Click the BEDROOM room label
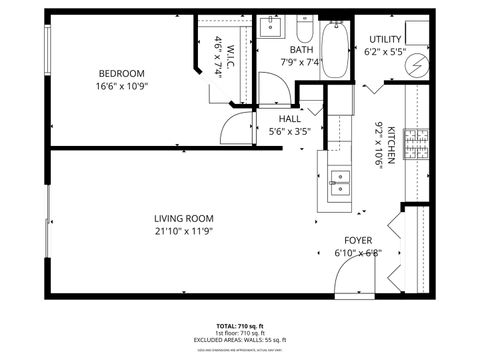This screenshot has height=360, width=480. click(121, 73)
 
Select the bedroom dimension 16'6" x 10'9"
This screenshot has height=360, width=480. click(121, 87)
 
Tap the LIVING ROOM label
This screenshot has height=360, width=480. click(183, 218)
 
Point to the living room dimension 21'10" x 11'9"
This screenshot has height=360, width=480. click(183, 231)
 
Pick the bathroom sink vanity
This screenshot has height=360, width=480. click(271, 26)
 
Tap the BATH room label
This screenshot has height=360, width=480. click(302, 49)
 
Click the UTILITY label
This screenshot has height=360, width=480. click(384, 39)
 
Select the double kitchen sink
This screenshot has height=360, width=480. click(340, 182)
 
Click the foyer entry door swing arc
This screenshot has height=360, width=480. click(350, 284)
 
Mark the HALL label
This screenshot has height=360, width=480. click(290, 118)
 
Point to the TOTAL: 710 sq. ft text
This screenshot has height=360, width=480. click(240, 326)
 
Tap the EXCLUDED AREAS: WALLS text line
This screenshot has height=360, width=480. click(240, 342)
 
